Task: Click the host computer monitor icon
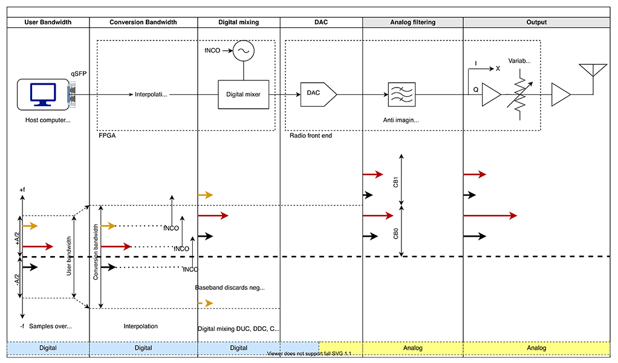point(42,94)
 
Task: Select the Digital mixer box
point(243,94)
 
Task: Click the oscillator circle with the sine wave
point(244,51)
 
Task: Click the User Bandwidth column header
point(48,22)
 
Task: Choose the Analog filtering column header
point(412,22)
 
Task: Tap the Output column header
point(536,22)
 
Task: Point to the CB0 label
point(396,233)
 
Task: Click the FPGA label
point(106,136)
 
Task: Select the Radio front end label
point(311,136)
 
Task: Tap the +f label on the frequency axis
point(22,190)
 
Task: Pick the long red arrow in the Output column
point(490,216)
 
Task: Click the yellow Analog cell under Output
point(536,348)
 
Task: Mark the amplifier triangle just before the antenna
point(561,95)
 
